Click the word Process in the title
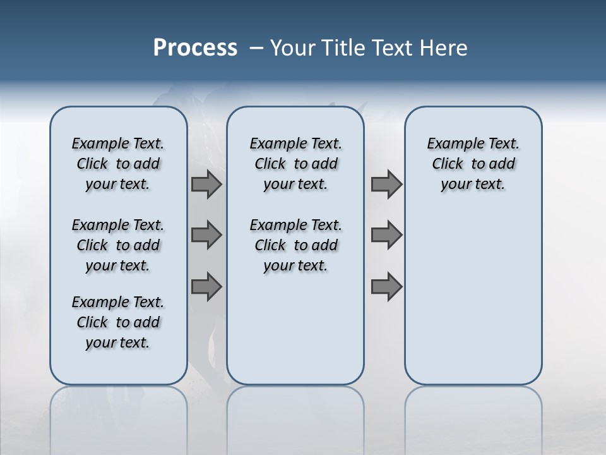tap(195, 48)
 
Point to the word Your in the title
tap(294, 48)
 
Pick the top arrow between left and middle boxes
tap(206, 184)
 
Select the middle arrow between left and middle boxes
tap(206, 235)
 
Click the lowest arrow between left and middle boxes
tap(206, 286)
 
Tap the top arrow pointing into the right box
tap(386, 184)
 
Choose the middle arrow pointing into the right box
tap(386, 235)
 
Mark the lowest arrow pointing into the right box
tap(386, 286)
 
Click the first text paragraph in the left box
tap(118, 164)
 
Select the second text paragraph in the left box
tap(118, 245)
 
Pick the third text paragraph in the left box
tap(118, 322)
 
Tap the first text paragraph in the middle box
tap(295, 164)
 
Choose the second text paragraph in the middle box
tap(295, 245)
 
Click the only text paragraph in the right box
tap(473, 164)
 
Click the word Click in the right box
tap(448, 164)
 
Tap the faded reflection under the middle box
tap(295, 411)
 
